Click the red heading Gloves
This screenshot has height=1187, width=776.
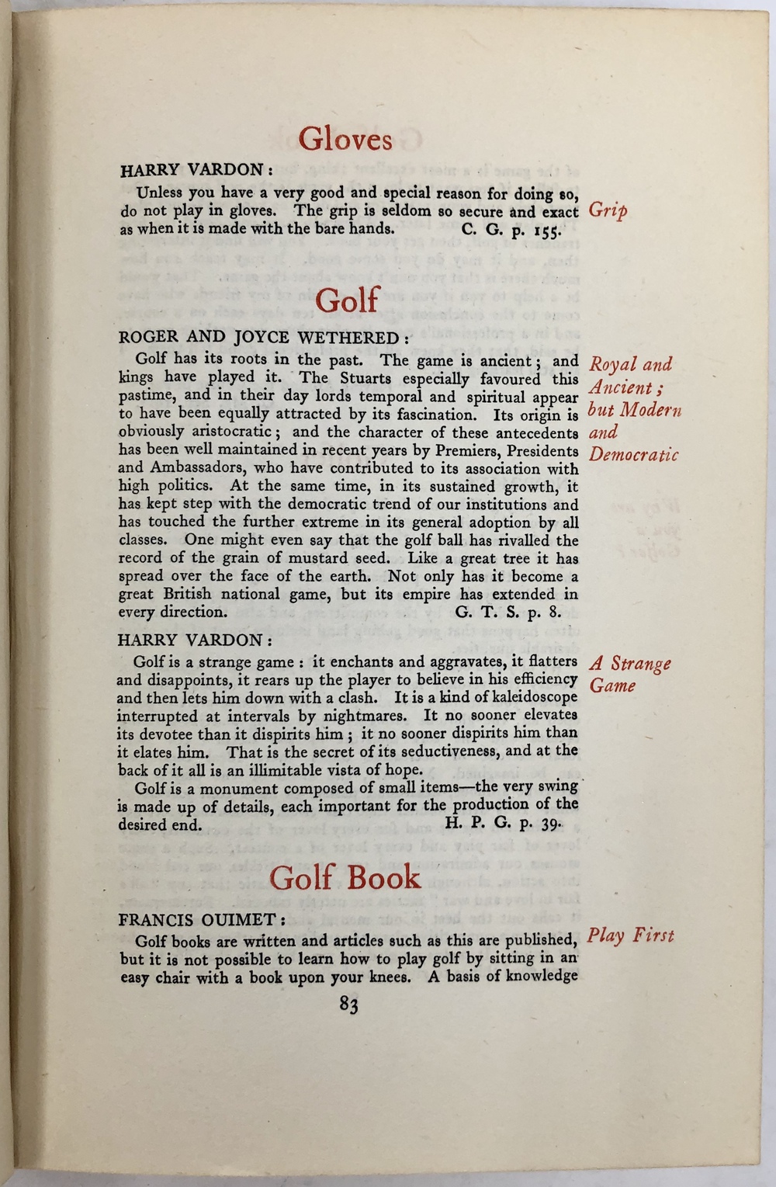click(345, 140)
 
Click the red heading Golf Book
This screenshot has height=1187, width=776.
click(345, 877)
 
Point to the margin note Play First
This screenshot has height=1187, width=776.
click(630, 935)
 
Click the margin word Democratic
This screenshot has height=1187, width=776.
click(633, 455)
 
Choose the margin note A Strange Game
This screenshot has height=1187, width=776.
click(630, 675)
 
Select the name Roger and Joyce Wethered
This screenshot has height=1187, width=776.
click(258, 338)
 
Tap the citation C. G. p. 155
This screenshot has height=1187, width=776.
click(507, 230)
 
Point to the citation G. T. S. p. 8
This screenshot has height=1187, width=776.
click(513, 611)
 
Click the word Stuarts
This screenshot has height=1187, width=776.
click(359, 379)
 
